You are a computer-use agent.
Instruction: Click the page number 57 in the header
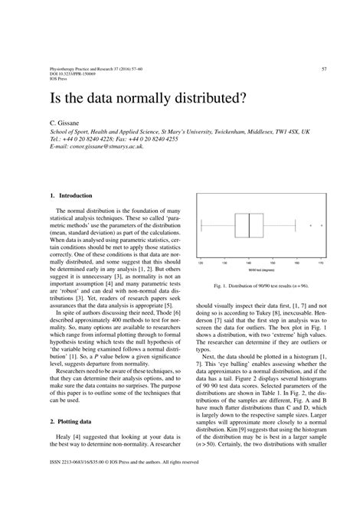(324, 68)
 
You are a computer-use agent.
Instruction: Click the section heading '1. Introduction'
(65, 194)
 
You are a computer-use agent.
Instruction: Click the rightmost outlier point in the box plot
(322, 226)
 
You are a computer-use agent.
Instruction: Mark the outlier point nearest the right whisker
(310, 226)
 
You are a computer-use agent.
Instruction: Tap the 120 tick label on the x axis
(201, 263)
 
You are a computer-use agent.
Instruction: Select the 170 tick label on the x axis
(322, 263)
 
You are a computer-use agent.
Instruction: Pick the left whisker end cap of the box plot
(201, 226)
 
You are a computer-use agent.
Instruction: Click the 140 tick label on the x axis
(249, 263)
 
